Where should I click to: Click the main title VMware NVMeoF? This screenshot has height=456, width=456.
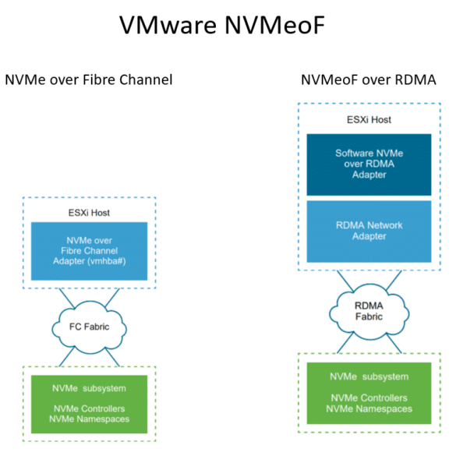click(x=222, y=25)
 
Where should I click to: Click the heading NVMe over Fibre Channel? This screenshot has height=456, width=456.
click(x=89, y=80)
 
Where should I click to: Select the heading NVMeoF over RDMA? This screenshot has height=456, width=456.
click(x=369, y=80)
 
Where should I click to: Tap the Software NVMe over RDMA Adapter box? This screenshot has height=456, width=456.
click(x=369, y=164)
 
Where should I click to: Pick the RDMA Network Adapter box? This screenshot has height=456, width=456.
click(x=369, y=232)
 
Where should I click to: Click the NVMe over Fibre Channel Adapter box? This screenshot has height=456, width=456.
click(x=90, y=251)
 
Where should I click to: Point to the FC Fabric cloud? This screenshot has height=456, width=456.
click(x=90, y=327)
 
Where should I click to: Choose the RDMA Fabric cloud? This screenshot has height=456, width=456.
click(x=369, y=312)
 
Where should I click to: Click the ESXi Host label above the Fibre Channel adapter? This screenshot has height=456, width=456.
click(x=89, y=213)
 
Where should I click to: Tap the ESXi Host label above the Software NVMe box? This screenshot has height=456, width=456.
click(x=369, y=120)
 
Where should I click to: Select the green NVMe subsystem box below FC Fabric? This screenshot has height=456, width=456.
click(x=90, y=405)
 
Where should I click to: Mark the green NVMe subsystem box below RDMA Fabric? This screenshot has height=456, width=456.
click(x=369, y=393)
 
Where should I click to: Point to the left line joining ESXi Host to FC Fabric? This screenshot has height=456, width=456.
click(x=67, y=298)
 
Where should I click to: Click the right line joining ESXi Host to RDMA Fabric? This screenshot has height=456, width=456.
click(x=394, y=281)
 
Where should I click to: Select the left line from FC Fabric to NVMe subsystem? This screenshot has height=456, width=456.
click(x=67, y=356)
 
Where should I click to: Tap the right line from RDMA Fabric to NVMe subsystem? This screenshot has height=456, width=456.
click(x=394, y=344)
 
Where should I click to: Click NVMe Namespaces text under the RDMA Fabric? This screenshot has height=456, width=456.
click(x=369, y=409)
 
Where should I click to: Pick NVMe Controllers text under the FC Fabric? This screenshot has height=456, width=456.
click(x=90, y=408)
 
